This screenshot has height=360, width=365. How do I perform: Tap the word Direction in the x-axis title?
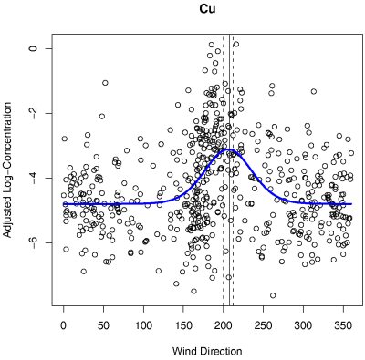coord(219,351)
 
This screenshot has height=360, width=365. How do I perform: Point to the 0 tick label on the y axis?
coord(36,47)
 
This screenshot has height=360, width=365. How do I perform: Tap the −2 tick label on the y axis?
coord(36,112)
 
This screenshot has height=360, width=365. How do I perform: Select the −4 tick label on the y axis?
coord(36,177)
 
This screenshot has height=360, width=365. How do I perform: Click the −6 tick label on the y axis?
coord(36,242)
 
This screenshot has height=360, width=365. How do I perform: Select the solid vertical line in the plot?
coord(228,228)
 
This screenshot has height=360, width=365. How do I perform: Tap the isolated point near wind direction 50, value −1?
coord(105,83)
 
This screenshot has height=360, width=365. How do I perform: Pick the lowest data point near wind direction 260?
coord(272,295)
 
